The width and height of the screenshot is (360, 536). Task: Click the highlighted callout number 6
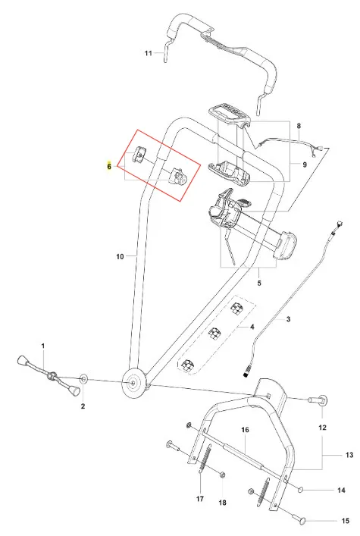click(109, 167)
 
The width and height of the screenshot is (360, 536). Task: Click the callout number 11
click(148, 53)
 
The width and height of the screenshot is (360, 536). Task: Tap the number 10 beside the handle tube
click(120, 256)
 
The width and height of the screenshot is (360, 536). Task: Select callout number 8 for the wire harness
click(299, 126)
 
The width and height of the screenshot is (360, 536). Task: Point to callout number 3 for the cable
click(288, 319)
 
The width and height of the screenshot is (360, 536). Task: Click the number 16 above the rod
click(245, 430)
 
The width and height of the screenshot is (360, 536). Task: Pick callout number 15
click(346, 521)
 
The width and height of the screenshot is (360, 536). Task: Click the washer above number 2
click(83, 379)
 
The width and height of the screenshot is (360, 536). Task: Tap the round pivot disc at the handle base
click(133, 384)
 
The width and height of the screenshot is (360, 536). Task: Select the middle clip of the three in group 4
click(215, 333)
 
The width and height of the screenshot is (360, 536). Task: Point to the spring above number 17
click(205, 459)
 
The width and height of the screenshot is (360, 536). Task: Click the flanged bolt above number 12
click(318, 399)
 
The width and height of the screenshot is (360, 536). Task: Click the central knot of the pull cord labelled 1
click(52, 376)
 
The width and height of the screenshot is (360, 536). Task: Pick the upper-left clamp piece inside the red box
click(139, 154)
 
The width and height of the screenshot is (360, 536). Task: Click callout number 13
click(349, 455)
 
